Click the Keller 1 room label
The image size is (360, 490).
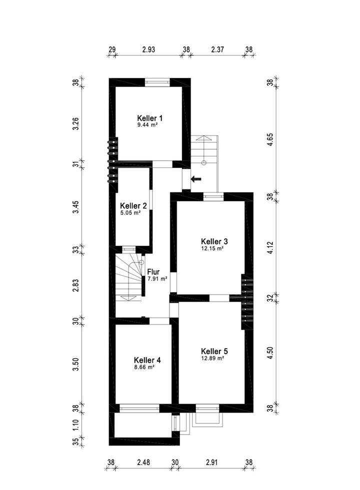pyautogui.click(x=150, y=118)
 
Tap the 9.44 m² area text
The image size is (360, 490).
pyautogui.click(x=148, y=125)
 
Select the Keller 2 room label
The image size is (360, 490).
pyautogui.click(x=133, y=205)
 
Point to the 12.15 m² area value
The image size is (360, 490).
pyautogui.click(x=212, y=248)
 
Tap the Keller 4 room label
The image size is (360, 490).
pyautogui.click(x=147, y=360)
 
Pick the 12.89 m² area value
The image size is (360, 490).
pyautogui.click(x=212, y=358)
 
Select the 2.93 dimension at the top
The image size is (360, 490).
pyautogui.click(x=149, y=49)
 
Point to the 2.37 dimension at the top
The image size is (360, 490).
pyautogui.click(x=218, y=49)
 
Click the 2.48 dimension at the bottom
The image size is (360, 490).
pyautogui.click(x=143, y=463)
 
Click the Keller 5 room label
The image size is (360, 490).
pyautogui.click(x=214, y=351)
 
